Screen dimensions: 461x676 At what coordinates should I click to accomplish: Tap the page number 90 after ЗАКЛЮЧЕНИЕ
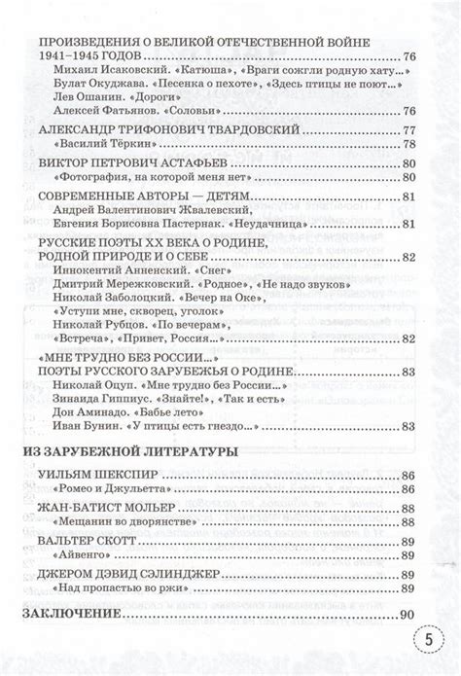tap(407, 615)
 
